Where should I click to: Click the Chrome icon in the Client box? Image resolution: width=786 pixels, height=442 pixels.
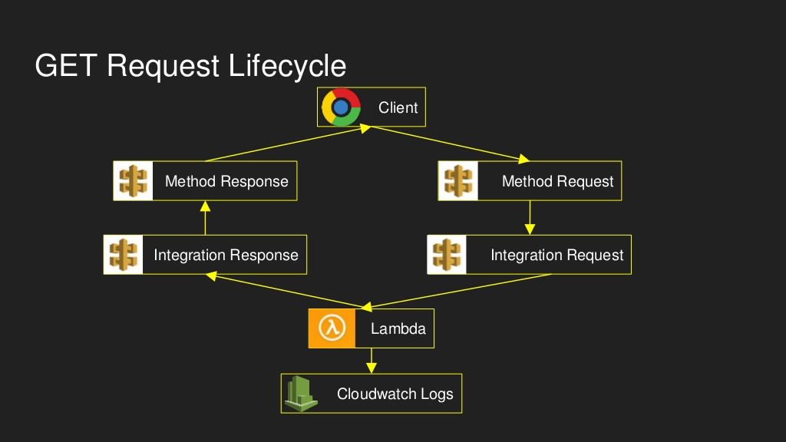pos(341,107)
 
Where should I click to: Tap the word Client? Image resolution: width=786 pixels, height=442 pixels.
pos(398,107)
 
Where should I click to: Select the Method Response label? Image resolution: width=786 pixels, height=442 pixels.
pos(226,182)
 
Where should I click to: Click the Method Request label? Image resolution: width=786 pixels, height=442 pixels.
pos(557,182)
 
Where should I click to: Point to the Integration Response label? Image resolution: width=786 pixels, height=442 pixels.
pos(226,256)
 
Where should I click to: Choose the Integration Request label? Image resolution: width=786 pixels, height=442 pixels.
pos(556,256)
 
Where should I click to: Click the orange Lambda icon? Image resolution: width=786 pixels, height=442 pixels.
pos(332,328)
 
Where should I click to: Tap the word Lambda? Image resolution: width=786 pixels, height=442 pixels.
pos(398,329)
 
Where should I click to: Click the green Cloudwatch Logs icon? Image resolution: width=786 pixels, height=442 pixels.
pos(302,394)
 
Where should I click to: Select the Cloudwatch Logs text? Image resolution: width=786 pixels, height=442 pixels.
pos(395,394)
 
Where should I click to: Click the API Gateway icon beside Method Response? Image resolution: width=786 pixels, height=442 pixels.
pos(134,181)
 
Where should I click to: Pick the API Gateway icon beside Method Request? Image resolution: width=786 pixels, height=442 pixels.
pos(458,181)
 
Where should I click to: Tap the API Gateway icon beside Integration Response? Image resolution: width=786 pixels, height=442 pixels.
pos(124,255)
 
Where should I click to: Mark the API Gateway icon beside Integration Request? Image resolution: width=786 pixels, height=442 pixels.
pos(447,255)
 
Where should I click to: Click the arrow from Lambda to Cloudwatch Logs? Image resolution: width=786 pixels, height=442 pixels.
pos(372,361)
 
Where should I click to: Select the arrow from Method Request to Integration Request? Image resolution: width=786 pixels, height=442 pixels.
pos(530,218)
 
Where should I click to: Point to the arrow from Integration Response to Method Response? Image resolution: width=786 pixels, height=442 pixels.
pos(205,218)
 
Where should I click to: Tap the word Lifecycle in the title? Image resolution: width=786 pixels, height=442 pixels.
pos(287,66)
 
